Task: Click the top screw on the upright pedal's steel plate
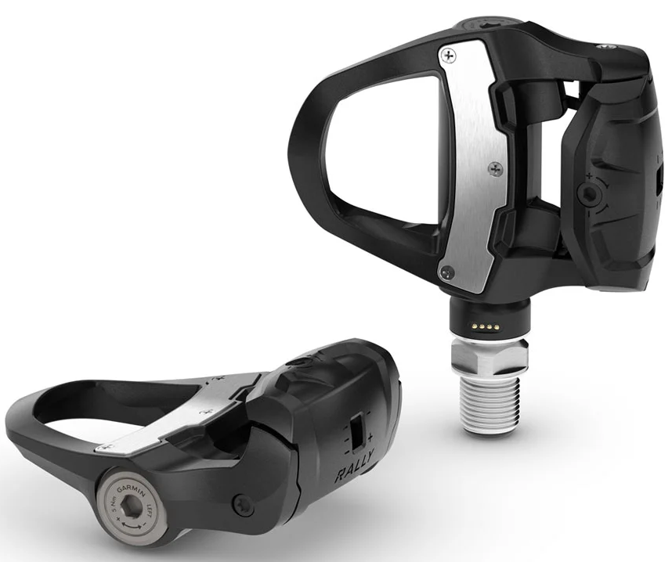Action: pyautogui.click(x=447, y=55)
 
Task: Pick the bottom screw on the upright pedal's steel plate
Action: pyautogui.click(x=447, y=272)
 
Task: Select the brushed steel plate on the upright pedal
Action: pyautogui.click(x=470, y=157)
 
